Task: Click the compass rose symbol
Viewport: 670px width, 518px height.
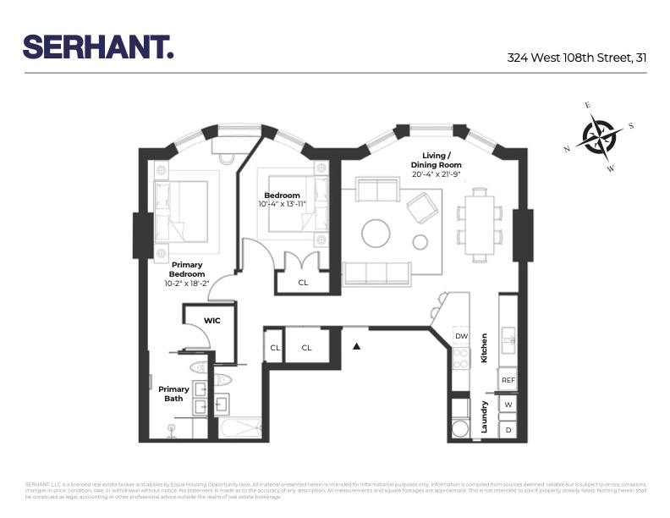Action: pos(599,136)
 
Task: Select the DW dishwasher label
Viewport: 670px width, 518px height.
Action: pos(461,336)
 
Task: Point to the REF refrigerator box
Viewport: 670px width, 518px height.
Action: pos(508,380)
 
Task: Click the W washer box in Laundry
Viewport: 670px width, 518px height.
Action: pos(508,405)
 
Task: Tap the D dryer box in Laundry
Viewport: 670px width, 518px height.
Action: pos(508,430)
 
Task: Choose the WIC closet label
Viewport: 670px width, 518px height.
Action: pos(212,320)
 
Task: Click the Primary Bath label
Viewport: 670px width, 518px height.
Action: pos(173,394)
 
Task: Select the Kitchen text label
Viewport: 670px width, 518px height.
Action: pos(485,347)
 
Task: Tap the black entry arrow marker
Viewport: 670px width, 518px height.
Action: pos(357,345)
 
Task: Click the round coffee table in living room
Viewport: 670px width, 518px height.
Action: pos(376,232)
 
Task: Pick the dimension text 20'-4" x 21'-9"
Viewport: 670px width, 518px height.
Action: pos(436,174)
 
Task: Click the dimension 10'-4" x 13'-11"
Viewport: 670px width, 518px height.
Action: pos(283,204)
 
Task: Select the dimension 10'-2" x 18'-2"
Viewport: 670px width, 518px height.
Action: pos(187,284)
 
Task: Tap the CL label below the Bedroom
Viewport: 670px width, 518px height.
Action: pos(303,282)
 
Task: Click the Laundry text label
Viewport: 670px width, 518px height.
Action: pos(485,417)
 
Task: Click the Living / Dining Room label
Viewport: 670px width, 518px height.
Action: pos(436,159)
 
